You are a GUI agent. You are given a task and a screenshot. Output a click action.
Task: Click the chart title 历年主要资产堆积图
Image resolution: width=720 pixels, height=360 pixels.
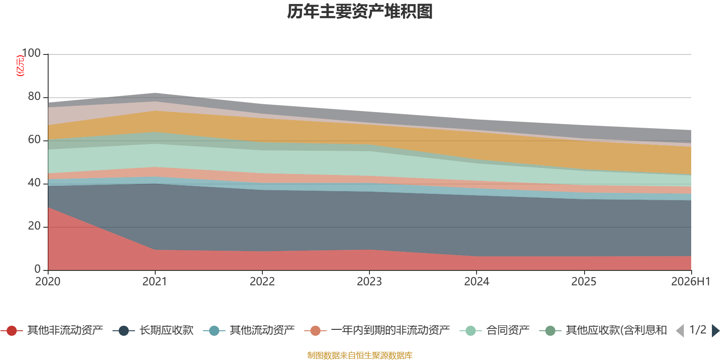tap(360, 12)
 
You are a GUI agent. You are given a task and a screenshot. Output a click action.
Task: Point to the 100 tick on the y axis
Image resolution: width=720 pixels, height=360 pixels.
tap(31, 53)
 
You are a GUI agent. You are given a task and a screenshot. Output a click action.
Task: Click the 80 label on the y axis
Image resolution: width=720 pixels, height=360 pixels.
tap(34, 96)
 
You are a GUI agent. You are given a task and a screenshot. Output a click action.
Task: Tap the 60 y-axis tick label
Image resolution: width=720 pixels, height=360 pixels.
tap(34, 139)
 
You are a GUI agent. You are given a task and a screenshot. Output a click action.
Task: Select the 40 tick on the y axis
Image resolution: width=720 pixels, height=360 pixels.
tap(34, 183)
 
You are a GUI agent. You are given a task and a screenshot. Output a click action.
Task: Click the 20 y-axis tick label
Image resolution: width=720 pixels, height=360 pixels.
tap(34, 226)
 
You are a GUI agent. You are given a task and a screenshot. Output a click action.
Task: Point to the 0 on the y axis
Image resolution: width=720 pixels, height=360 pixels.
tap(38, 269)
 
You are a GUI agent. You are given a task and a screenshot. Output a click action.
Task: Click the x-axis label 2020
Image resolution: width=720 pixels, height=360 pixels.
tap(48, 282)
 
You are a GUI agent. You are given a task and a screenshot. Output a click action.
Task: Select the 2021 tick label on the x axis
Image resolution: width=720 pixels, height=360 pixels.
tap(155, 282)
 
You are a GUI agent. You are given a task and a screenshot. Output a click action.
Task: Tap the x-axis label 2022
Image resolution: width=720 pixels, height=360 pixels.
tap(262, 282)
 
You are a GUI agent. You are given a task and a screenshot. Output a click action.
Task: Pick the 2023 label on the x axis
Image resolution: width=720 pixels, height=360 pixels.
tap(369, 282)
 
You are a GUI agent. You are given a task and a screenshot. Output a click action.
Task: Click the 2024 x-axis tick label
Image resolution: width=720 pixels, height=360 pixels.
tap(477, 282)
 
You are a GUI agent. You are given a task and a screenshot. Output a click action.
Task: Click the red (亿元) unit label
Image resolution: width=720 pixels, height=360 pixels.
tap(20, 66)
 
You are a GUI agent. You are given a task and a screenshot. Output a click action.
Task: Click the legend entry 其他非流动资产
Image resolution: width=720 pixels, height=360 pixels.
tap(52, 330)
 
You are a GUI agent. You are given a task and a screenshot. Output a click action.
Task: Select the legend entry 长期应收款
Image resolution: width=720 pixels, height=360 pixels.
tap(153, 330)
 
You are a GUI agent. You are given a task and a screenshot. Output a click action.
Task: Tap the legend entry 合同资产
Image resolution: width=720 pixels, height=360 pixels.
tap(495, 330)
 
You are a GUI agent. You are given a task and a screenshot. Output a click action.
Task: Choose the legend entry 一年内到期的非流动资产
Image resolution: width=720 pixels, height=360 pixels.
tap(377, 330)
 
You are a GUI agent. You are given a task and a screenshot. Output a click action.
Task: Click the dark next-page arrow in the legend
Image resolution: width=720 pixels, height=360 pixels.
tap(715, 330)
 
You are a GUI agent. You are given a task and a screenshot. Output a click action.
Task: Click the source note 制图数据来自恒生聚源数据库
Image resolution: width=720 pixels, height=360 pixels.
tap(360, 355)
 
